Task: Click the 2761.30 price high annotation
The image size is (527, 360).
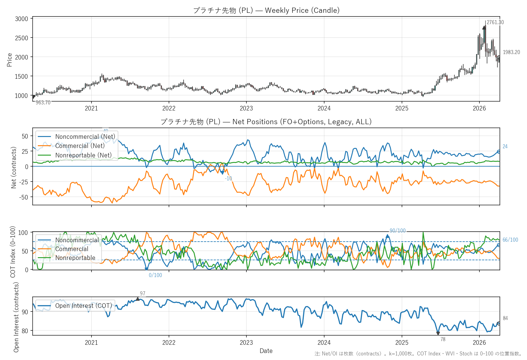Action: [x=495, y=22]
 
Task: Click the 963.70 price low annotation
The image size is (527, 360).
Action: [x=43, y=103]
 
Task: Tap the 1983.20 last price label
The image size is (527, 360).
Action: [x=511, y=52]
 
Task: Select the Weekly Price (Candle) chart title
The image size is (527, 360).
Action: [x=266, y=10]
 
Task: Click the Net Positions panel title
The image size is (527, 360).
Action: [x=266, y=122]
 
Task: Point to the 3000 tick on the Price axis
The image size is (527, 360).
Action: [x=21, y=19]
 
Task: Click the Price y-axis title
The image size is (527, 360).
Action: [x=9, y=60]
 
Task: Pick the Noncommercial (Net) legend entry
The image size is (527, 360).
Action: [x=85, y=137]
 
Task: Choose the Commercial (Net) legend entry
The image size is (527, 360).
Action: [x=80, y=146]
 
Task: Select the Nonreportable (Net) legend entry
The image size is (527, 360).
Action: [x=83, y=155]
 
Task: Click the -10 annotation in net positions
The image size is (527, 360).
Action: [x=228, y=178]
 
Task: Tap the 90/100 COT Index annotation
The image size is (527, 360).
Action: [x=398, y=231]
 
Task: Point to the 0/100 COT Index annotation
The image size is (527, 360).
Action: [x=155, y=275]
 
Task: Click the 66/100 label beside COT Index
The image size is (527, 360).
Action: [x=510, y=240]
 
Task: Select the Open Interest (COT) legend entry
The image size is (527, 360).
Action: [x=83, y=306]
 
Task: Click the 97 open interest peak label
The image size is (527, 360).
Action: [x=143, y=293]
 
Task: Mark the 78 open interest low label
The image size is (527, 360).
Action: [x=443, y=339]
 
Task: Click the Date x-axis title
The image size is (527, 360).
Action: [x=266, y=351]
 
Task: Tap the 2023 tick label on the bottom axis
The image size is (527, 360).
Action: [x=246, y=343]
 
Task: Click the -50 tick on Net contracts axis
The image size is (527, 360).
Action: [x=24, y=197]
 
